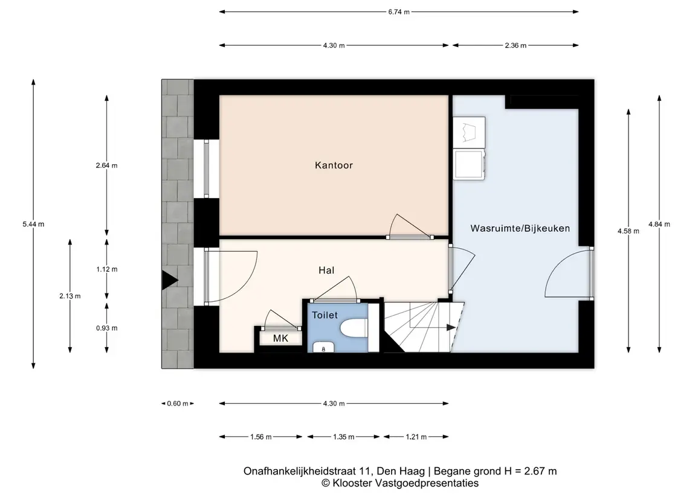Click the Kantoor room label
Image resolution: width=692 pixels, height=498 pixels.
point(334,165)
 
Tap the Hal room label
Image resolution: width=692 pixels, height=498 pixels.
point(326,270)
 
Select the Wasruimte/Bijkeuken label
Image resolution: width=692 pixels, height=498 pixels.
point(520,228)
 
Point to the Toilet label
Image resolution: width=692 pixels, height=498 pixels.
point(325,315)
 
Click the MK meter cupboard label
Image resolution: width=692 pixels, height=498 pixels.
point(280,339)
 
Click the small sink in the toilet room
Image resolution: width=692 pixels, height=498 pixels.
point(323,347)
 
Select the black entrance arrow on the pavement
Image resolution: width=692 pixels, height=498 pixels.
point(169,280)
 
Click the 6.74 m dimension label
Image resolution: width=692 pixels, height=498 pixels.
point(399,12)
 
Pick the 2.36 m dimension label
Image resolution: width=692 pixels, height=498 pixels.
point(516,45)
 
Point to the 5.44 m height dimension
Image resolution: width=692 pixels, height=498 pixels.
point(33,224)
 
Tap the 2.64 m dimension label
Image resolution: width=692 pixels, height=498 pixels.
point(107,166)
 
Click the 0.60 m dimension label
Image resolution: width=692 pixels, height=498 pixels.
point(178,403)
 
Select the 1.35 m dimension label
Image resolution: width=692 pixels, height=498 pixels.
point(344,437)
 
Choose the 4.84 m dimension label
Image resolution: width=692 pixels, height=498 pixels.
point(659,225)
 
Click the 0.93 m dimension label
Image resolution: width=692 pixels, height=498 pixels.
point(107,328)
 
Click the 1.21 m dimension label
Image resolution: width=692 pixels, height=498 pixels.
point(416,437)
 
